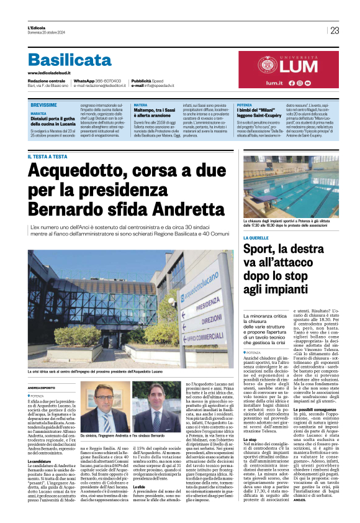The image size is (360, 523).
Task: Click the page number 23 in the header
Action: tap(335, 30)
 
